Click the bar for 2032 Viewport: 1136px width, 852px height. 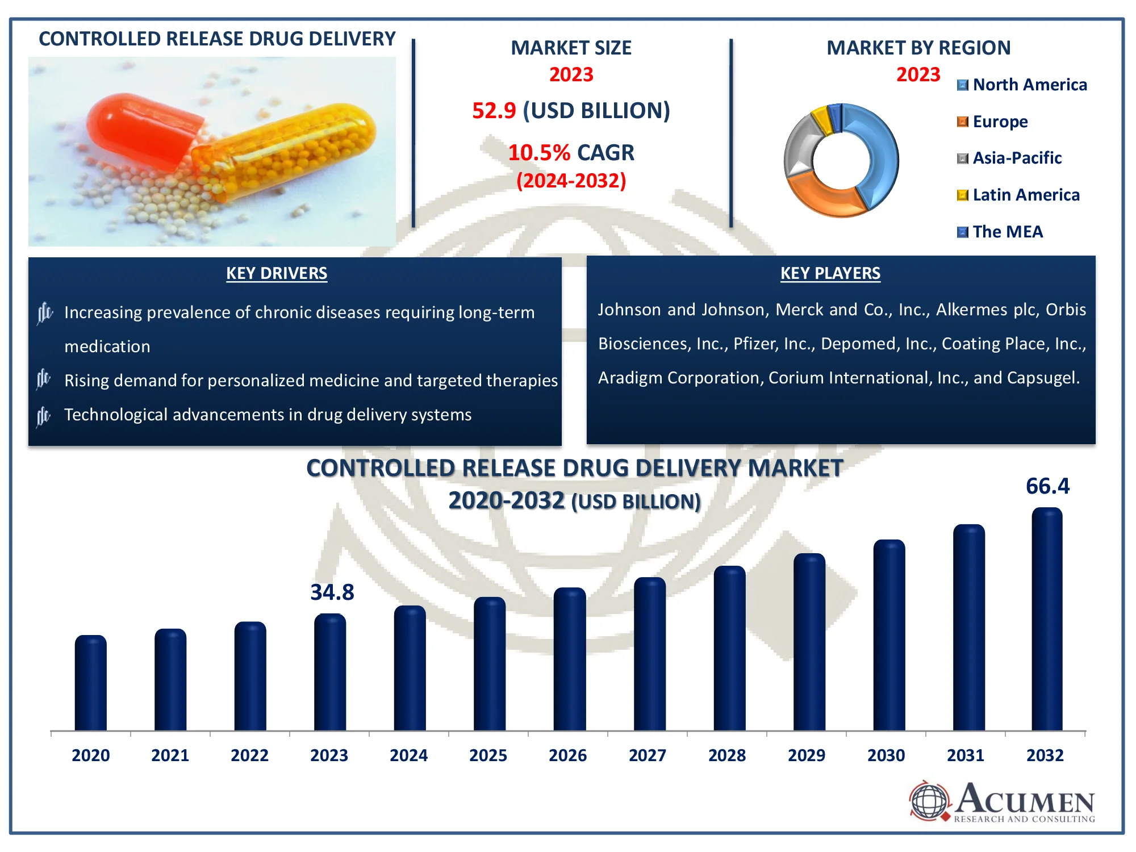coord(1047,619)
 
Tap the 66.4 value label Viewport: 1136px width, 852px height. coord(1047,486)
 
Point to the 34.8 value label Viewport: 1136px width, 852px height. coord(332,592)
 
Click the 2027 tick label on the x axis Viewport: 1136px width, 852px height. coord(647,755)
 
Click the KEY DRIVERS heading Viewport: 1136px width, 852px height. coord(277,273)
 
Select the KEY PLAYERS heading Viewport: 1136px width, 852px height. coord(830,273)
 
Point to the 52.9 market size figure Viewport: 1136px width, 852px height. coord(494,111)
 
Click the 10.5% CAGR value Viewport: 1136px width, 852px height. coord(538,153)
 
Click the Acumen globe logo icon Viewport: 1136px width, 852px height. coord(929,801)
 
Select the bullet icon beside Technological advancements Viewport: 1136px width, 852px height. coord(44,416)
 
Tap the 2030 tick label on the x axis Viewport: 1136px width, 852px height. coord(886,755)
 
